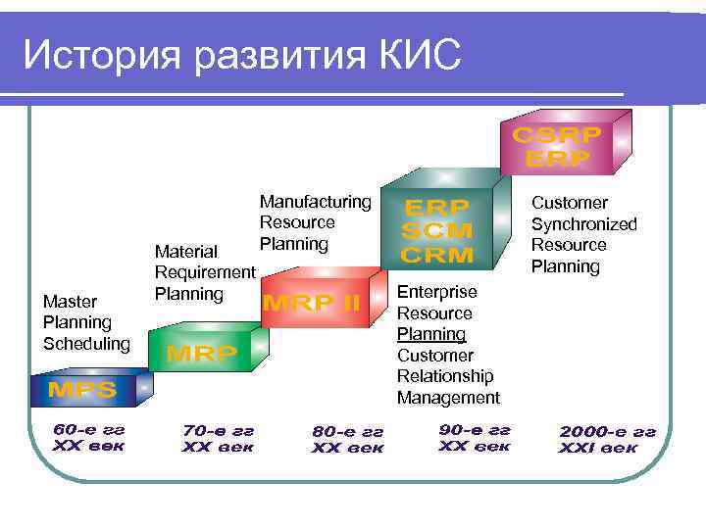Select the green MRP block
point(202,354)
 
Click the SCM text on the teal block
point(437,232)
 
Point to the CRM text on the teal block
point(437,255)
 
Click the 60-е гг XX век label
point(89,437)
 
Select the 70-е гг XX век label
point(218,438)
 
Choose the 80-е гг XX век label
point(347,440)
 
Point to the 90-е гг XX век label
point(475,438)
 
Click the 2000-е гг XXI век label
point(607,440)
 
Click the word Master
point(70,301)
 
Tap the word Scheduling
point(86,343)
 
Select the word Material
point(186,253)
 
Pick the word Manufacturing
point(316,202)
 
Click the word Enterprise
point(436,292)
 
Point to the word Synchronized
point(583,224)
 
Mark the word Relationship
point(445,376)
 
